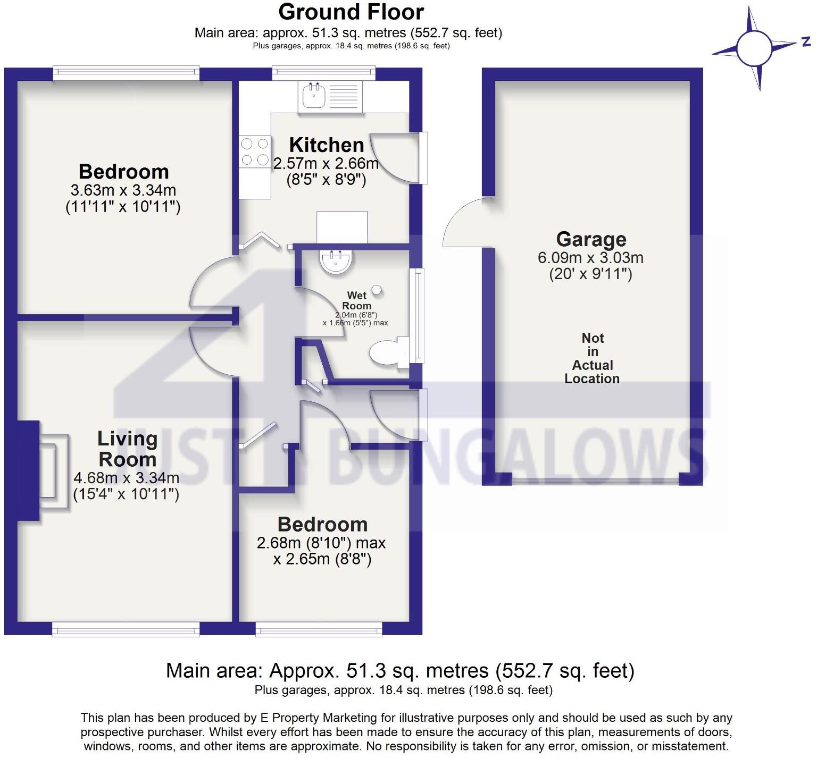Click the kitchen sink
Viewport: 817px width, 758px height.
314,96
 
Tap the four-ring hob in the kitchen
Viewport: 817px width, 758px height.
255,151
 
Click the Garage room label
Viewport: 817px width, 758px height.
591,239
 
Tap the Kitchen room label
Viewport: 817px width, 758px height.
326,145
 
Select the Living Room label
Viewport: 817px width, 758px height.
127,449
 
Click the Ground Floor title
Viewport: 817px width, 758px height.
351,12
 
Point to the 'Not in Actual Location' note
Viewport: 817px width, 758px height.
592,358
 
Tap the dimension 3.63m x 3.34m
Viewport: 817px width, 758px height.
123,190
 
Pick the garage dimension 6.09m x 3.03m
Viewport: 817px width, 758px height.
590,258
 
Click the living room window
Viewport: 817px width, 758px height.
126,630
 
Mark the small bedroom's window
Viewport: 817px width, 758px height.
319,630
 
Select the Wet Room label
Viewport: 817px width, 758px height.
356,300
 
